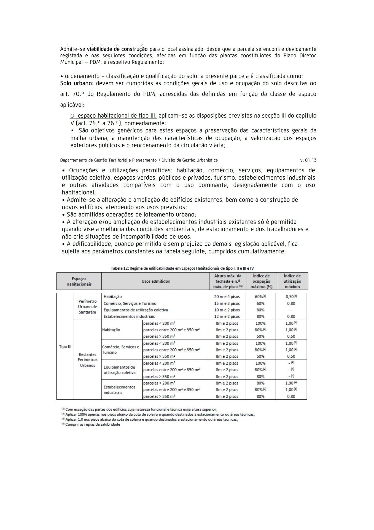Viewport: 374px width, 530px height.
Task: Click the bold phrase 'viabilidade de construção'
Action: (x=117, y=49)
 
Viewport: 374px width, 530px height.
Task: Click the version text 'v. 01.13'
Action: (x=308, y=160)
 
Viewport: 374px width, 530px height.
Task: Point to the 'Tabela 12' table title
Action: (x=182, y=268)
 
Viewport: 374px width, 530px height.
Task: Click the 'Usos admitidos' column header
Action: (x=155, y=281)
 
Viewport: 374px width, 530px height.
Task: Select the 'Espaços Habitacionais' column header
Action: (x=79, y=281)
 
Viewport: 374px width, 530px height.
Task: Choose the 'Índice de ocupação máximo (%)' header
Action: (x=261, y=281)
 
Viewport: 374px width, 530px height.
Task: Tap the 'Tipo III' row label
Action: (x=65, y=346)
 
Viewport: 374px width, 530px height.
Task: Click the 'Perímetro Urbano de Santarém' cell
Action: (x=87, y=307)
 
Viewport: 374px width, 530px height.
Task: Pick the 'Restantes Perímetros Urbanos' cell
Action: (x=87, y=360)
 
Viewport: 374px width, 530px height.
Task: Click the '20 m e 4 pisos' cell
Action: (x=227, y=297)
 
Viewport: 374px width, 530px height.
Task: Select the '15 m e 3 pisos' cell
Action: (x=227, y=303)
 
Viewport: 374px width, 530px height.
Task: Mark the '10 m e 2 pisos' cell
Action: (x=227, y=310)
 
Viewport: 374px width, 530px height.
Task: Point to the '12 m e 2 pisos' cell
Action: (x=227, y=317)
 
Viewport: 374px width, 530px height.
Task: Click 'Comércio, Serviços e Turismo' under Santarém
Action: (x=130, y=303)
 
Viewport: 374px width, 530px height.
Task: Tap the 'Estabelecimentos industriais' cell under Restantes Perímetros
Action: (x=119, y=389)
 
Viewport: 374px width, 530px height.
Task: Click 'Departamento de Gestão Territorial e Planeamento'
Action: (x=108, y=160)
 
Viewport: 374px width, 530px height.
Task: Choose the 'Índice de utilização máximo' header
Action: (x=292, y=281)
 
